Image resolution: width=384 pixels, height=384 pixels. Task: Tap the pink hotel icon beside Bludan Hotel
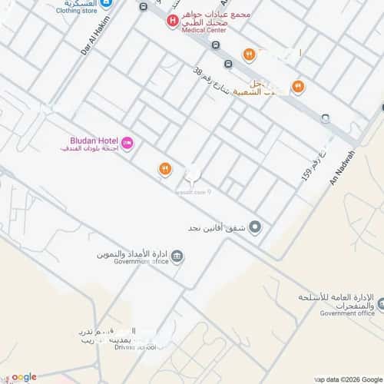[127, 142]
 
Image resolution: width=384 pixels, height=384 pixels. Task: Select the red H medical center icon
[173, 20]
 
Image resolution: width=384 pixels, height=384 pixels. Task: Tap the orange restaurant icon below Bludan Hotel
[164, 169]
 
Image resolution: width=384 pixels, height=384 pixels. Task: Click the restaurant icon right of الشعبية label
[297, 87]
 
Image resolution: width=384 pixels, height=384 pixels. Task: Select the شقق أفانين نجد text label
[218, 227]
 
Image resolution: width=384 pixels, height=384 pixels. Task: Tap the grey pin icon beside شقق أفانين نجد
[256, 227]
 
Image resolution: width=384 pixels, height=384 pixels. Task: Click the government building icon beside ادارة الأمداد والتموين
[177, 256]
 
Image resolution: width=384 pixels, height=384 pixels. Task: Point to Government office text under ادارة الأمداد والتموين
[141, 262]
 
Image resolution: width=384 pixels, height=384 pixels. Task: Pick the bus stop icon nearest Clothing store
[144, 6]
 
